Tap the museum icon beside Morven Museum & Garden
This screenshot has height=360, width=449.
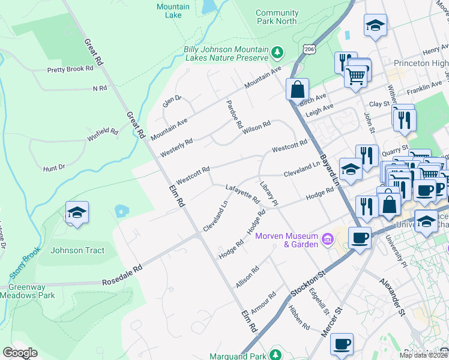tap(327, 240)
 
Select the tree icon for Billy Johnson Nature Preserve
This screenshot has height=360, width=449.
tap(277, 53)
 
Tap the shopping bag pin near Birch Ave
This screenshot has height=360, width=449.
tap(297, 89)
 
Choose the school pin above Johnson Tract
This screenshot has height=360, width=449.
tap(77, 213)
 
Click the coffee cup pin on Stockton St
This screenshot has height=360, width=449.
tap(360, 238)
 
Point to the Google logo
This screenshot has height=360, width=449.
tap(20, 353)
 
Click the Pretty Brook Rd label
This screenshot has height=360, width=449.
tap(71, 69)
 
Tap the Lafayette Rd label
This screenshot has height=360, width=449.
tap(242, 193)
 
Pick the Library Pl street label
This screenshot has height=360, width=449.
tap(268, 193)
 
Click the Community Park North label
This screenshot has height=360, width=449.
tap(276, 17)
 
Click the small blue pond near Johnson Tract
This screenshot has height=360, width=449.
tap(122, 211)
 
